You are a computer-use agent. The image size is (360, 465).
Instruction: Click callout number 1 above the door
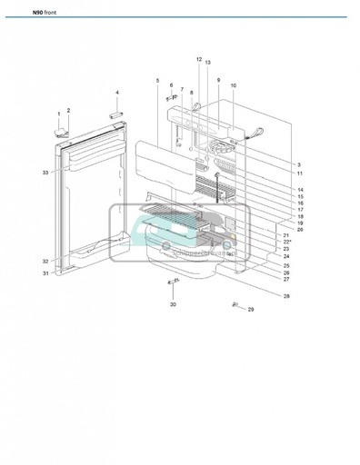(x=60, y=114)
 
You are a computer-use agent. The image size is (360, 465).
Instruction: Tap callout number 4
(x=116, y=94)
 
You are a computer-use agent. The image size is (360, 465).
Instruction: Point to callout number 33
(x=45, y=172)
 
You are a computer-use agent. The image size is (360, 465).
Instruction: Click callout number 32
(x=45, y=261)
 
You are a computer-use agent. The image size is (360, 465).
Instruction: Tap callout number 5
(x=157, y=81)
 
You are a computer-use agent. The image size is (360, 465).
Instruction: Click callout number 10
(x=234, y=86)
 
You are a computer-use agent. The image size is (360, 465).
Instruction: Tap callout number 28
(x=286, y=297)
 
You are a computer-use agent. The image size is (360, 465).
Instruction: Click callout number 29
(x=252, y=311)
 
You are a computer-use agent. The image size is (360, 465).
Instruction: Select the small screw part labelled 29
(x=235, y=304)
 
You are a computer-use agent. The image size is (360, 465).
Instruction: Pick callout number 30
(x=173, y=304)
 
